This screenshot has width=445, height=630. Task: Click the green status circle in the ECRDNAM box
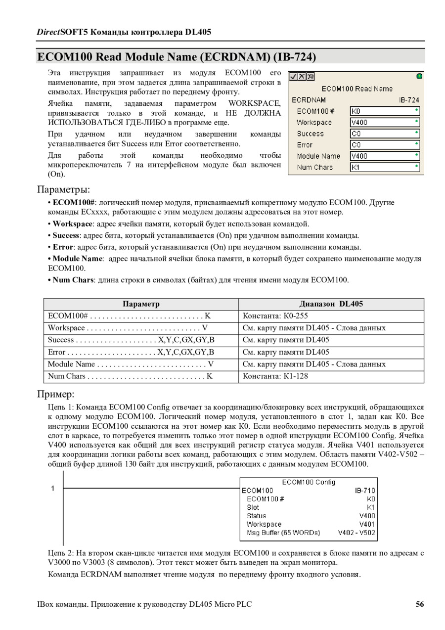click(x=419, y=76)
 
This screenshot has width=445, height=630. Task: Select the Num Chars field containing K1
click(x=385, y=168)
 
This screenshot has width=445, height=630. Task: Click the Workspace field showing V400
click(x=385, y=122)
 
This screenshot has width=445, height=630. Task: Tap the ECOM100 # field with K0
click(x=385, y=111)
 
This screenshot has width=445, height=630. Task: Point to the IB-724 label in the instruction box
click(x=409, y=100)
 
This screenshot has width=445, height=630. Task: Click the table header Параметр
click(x=141, y=304)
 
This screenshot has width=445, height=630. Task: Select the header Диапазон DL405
click(x=331, y=304)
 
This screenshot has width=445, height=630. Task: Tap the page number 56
click(x=420, y=604)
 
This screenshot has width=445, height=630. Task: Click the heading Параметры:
click(x=64, y=189)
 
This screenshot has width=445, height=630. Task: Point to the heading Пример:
click(x=56, y=394)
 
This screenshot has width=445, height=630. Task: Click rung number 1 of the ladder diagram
click(x=52, y=489)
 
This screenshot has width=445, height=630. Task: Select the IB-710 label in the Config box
click(x=365, y=491)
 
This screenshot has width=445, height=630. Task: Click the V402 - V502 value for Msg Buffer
click(x=356, y=533)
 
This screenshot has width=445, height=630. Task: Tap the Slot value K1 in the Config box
click(x=371, y=507)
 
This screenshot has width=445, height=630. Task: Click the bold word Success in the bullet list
click(x=66, y=235)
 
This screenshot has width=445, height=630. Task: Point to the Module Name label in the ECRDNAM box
click(x=318, y=156)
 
